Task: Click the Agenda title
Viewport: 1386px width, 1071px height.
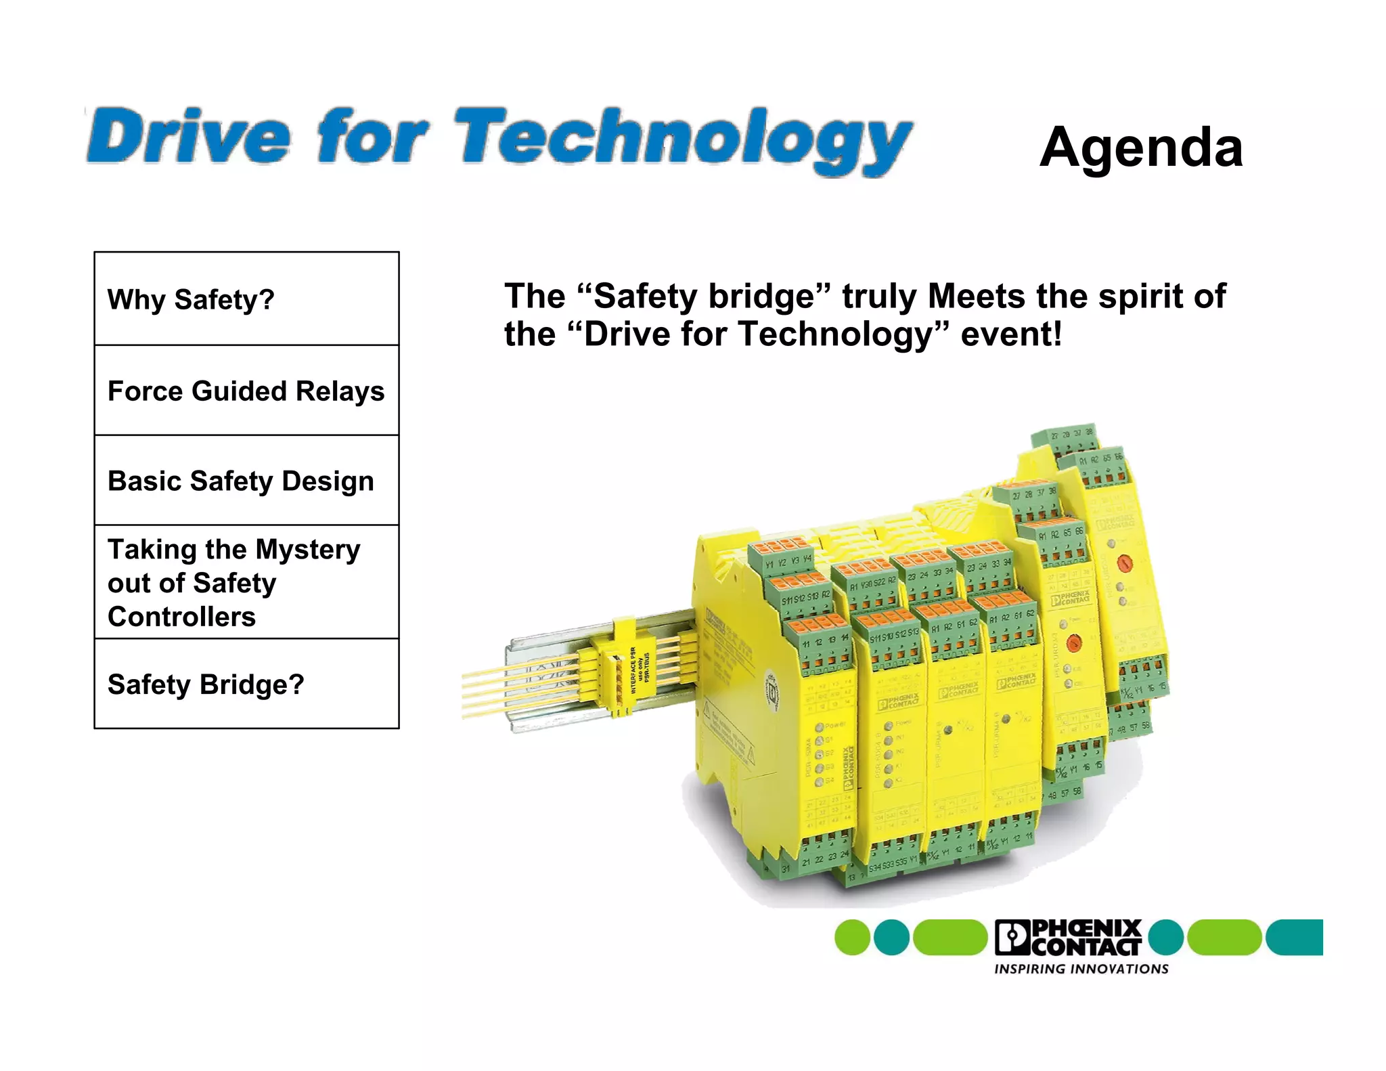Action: coord(1141,148)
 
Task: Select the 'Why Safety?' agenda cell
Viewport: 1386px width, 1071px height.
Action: coord(246,299)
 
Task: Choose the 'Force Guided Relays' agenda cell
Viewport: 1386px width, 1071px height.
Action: coord(246,391)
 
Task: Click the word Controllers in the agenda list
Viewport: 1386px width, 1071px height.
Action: coord(181,617)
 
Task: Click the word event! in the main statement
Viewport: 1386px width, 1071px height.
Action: coord(1011,334)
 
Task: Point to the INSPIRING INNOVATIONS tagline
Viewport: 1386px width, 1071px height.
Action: coord(1081,969)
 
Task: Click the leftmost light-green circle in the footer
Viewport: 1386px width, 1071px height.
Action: coord(852,938)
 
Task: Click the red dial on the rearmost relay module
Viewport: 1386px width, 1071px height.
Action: coord(1123,562)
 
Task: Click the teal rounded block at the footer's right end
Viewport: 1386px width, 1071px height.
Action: coord(1294,938)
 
